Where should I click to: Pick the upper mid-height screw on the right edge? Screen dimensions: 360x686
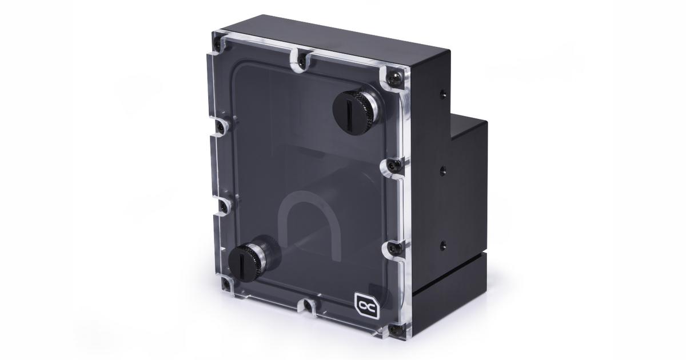tap(391, 166)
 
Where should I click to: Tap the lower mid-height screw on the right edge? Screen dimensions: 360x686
tap(393, 247)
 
